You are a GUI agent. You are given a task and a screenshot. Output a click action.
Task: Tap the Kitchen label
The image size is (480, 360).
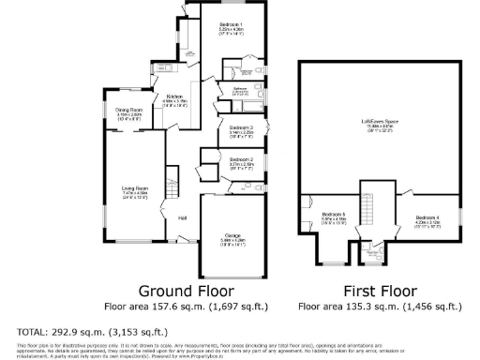[174, 97]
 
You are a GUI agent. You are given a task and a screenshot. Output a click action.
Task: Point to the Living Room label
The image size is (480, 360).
[135, 188]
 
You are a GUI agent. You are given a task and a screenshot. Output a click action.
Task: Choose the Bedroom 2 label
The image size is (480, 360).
[241, 160]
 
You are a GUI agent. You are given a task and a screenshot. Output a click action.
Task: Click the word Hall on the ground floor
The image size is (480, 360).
[183, 217]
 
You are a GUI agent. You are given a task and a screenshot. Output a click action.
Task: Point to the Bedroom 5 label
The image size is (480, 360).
[335, 215]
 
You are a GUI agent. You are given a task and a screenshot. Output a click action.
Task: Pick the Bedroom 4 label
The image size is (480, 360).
[427, 218]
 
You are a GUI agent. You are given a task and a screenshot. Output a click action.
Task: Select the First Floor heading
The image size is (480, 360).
[379, 291]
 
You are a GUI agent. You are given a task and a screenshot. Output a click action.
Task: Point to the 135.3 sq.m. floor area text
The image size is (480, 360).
[379, 306]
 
